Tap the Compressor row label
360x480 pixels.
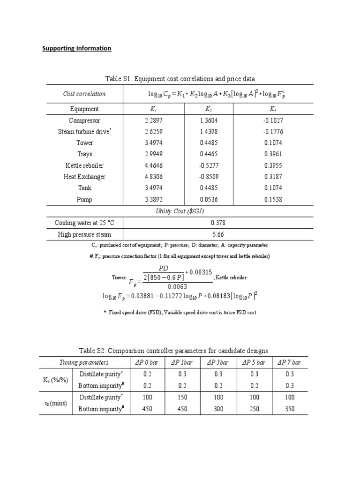click(x=85, y=120)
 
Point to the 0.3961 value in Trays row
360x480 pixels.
click(x=273, y=154)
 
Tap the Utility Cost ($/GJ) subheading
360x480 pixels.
click(x=180, y=211)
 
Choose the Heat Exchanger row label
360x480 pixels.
click(x=85, y=177)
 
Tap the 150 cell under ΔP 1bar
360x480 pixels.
click(x=182, y=397)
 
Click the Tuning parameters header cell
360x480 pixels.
click(x=84, y=362)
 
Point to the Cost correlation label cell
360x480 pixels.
click(x=84, y=94)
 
